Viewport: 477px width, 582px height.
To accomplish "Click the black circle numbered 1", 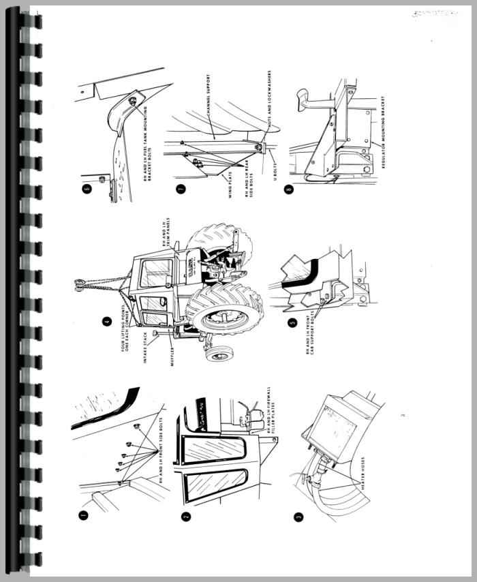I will click(x=82, y=517).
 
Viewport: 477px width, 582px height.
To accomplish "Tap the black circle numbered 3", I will click(x=298, y=519).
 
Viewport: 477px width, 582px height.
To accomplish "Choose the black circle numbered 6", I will click(x=86, y=189).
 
